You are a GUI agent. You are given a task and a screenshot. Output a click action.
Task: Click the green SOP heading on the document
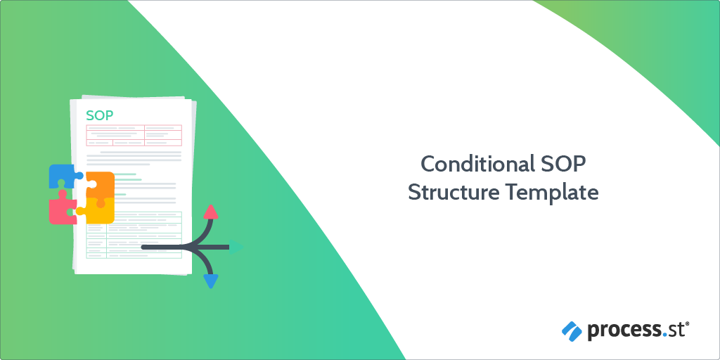100,115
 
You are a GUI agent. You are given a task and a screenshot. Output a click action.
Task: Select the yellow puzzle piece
97,211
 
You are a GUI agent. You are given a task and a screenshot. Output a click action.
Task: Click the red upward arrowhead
210,212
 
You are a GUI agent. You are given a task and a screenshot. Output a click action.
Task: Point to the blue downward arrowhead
210,281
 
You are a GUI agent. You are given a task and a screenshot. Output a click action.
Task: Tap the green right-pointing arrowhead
236,247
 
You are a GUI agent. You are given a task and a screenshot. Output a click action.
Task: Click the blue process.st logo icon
572,331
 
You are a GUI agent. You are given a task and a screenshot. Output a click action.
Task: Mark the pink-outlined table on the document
134,135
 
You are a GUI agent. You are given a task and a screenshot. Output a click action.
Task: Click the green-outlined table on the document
134,235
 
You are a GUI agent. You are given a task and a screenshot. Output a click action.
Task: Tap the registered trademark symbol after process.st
688,325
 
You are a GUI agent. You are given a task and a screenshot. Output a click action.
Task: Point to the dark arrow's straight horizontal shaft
185,247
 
